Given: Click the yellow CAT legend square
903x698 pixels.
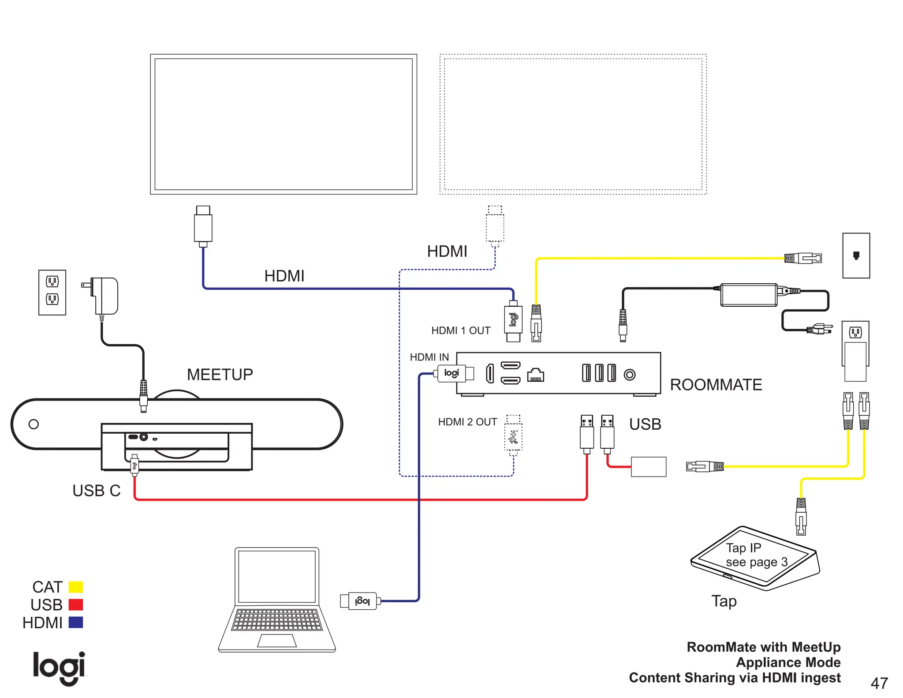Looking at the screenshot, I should [76, 587].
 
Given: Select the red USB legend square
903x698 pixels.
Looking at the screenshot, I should [76, 604].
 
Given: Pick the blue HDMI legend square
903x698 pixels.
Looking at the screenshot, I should [76, 623].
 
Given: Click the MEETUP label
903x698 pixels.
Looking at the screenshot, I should [220, 375].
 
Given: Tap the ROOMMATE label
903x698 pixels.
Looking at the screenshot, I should [716, 385].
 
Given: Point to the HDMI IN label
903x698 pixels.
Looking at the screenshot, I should [429, 357].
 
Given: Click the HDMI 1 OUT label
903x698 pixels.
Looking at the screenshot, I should [460, 330].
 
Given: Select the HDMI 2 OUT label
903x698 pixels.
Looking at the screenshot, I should [467, 422].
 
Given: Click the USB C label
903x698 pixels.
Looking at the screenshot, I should [96, 491].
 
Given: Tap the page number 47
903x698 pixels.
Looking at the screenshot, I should [879, 683].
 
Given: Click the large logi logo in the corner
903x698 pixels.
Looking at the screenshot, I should [59, 668].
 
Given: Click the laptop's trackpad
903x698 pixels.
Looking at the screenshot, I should [277, 641].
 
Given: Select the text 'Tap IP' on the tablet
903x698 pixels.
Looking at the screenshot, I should [743, 548].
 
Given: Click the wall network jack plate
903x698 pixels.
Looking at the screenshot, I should [856, 255].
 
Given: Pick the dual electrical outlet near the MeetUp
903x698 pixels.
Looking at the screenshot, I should [52, 292].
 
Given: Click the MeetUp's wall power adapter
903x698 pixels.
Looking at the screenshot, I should [106, 295].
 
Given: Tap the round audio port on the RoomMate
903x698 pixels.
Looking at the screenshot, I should [630, 375].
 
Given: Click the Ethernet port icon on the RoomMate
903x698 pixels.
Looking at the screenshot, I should [535, 375].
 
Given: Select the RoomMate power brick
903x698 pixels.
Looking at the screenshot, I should [748, 295].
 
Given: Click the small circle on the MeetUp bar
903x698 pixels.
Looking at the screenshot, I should [34, 424].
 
